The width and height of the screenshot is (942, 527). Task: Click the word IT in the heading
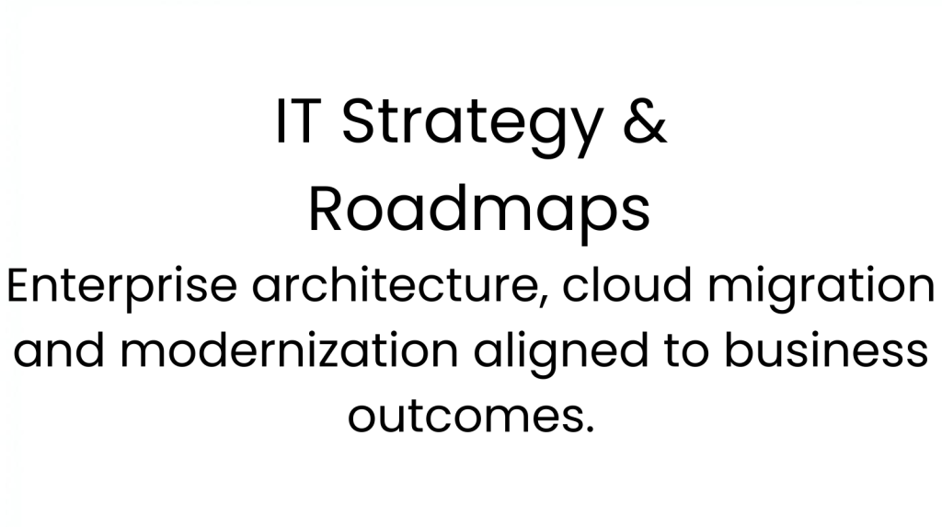pos(295,120)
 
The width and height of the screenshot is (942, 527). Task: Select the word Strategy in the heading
pos(472,126)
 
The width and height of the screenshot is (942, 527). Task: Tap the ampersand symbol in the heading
pos(645,120)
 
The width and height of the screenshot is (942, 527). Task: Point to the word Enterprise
pos(122,288)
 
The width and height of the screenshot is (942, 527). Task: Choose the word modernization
pos(290,349)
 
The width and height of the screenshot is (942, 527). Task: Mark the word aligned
pos(561,353)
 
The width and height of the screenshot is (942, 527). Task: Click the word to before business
pos(686,351)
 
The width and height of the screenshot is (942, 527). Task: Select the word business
pos(827,349)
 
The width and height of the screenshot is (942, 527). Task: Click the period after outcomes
pos(589,429)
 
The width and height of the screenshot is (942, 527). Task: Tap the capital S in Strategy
pos(361,120)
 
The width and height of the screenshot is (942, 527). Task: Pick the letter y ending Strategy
pos(586,134)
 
